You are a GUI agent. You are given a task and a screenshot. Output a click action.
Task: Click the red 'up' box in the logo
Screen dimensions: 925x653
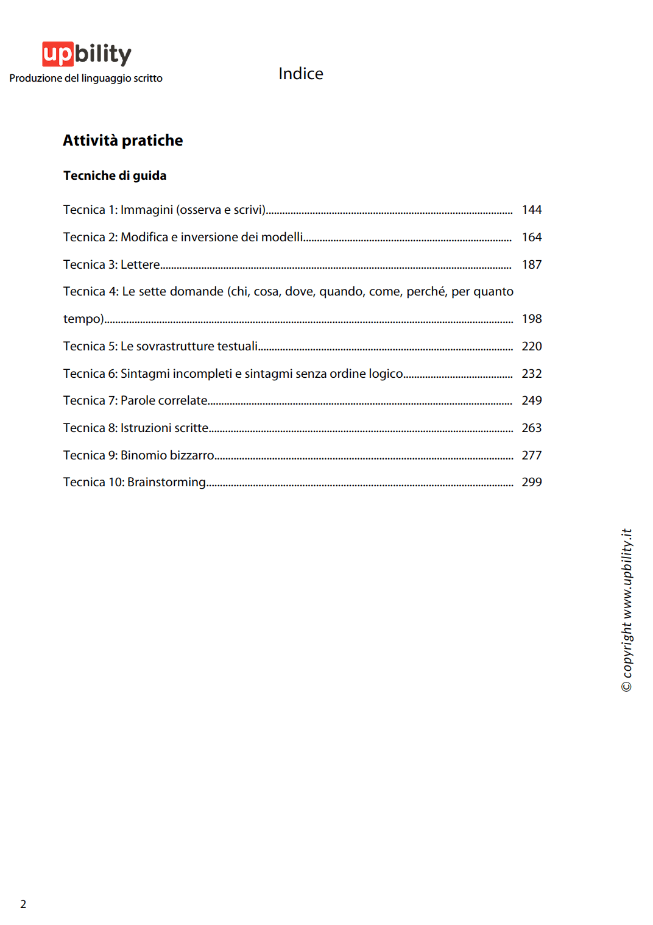click(x=58, y=54)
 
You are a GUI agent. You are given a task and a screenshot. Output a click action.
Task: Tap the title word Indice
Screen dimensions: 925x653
click(x=301, y=74)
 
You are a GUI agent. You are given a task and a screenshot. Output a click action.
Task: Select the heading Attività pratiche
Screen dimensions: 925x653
click(x=122, y=141)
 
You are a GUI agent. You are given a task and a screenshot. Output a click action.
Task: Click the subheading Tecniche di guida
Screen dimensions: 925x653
click(x=115, y=175)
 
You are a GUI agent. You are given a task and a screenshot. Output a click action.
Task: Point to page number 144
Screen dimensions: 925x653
click(x=531, y=210)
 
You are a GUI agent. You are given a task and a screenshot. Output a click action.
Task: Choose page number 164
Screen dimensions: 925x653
click(x=531, y=237)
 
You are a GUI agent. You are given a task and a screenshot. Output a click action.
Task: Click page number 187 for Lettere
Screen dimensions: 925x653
click(x=531, y=264)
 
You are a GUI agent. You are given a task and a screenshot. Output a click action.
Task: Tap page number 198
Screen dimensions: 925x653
click(x=531, y=319)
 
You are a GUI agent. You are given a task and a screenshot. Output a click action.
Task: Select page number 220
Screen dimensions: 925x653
click(x=531, y=346)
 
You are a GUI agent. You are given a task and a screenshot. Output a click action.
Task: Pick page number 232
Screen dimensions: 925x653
click(x=531, y=374)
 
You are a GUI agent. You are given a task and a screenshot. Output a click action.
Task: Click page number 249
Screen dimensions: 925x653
click(x=531, y=400)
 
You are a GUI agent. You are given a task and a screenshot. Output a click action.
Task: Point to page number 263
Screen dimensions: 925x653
click(x=531, y=428)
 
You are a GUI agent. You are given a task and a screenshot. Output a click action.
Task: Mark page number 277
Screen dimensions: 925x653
click(x=531, y=455)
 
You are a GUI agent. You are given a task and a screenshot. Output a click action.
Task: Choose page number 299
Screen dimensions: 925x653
click(x=531, y=482)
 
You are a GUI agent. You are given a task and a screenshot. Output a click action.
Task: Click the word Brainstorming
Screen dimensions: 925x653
click(x=166, y=482)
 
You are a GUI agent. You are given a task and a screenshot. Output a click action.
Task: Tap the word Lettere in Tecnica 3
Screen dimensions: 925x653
click(x=140, y=264)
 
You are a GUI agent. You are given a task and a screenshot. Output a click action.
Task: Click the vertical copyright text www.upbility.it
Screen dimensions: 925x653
click(x=627, y=609)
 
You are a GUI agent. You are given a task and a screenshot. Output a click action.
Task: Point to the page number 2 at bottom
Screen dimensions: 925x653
click(x=23, y=904)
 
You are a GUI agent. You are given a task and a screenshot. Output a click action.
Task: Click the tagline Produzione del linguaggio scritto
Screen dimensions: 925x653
click(x=86, y=79)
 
